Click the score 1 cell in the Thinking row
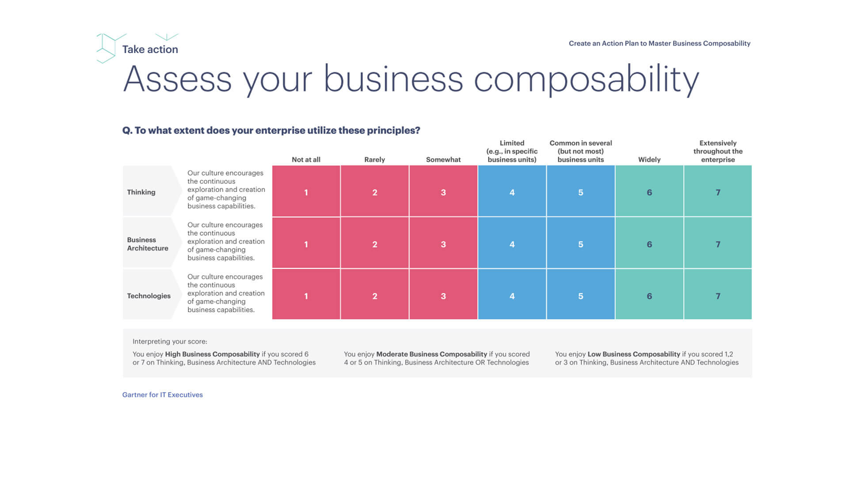[x=306, y=192]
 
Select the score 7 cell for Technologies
[x=718, y=295]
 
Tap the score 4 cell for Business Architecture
[x=512, y=244]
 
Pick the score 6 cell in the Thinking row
[x=649, y=192]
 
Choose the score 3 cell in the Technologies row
[x=443, y=295]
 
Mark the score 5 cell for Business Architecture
[x=580, y=244]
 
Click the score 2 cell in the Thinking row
[x=374, y=192]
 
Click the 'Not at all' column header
[x=306, y=160]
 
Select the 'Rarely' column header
[x=374, y=160]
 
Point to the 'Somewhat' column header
[x=443, y=160]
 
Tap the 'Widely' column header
[x=649, y=160]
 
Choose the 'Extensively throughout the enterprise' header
[x=718, y=151]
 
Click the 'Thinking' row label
[x=141, y=192]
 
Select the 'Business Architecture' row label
[x=148, y=244]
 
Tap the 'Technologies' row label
[x=148, y=296]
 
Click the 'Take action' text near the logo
[x=150, y=50]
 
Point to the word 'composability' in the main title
[x=586, y=80]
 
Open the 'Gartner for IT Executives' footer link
[x=163, y=395]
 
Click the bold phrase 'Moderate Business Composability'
[x=431, y=354]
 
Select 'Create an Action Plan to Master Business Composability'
[x=659, y=43]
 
